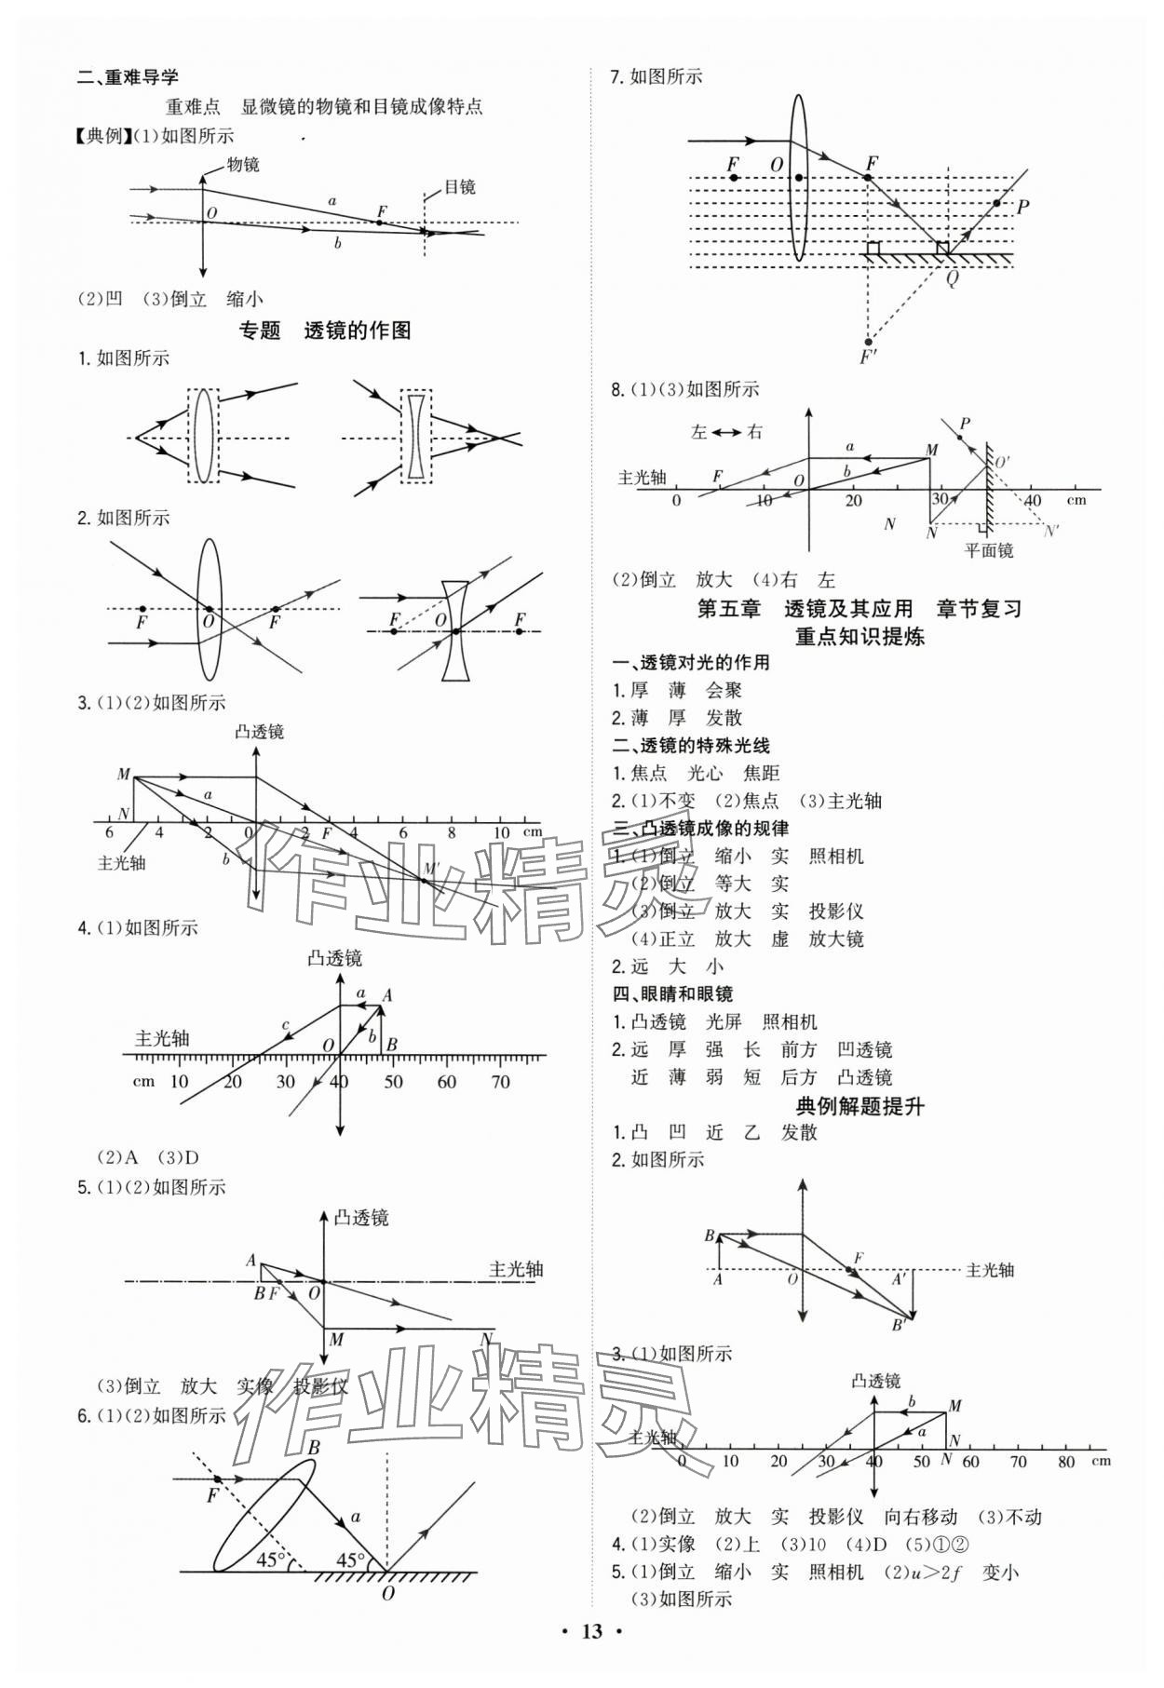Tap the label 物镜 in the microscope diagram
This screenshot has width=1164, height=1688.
point(243,165)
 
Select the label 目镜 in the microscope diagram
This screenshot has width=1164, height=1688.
point(459,187)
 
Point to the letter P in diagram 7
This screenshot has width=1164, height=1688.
point(1022,207)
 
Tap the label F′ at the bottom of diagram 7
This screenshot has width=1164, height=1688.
point(868,358)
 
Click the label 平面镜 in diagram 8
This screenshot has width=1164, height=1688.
point(988,550)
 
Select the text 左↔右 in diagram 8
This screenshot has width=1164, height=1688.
point(726,432)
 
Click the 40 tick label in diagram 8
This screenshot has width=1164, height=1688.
point(1032,500)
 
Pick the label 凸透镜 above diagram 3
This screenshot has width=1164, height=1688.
point(259,732)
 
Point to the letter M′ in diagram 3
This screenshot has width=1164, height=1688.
point(430,869)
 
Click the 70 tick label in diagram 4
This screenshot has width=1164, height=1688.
point(500,1081)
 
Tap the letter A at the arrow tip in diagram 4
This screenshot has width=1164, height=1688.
point(387,995)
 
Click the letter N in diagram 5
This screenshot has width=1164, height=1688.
point(485,1339)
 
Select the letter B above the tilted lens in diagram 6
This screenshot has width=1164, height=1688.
point(314,1448)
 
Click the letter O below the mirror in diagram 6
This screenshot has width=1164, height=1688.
point(387,1593)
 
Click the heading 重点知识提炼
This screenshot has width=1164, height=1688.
point(859,637)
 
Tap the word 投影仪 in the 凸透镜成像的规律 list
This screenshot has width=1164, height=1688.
point(835,912)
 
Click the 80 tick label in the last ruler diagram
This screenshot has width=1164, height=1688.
point(1067,1461)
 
